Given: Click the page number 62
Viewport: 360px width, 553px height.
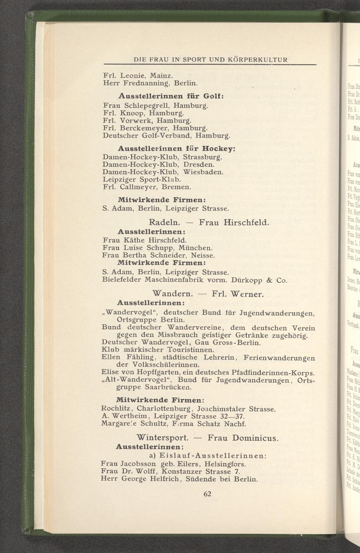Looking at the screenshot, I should (x=207, y=494).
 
